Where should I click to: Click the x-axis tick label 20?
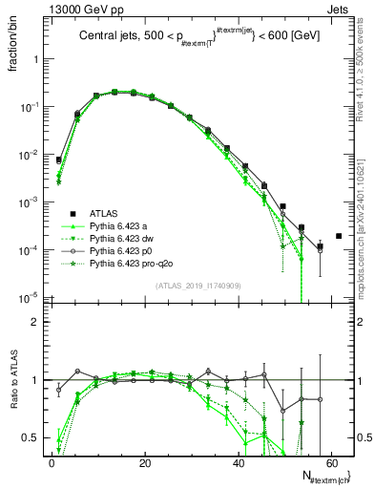point(144,462)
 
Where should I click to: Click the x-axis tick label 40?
point(238,462)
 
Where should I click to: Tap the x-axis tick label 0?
point(52,462)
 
